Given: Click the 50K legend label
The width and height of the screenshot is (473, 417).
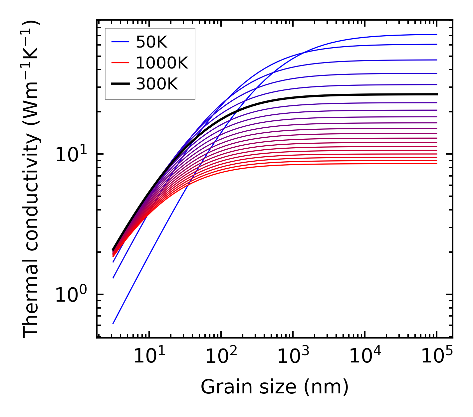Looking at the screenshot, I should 151,42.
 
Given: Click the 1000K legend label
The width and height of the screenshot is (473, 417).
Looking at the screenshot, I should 162,63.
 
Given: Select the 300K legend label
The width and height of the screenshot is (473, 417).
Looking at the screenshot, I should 157,84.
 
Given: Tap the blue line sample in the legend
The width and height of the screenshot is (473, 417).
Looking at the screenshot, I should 120,42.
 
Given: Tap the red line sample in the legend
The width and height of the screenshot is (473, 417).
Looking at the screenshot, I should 120,63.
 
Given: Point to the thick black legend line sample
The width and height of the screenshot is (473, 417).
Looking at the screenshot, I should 120,84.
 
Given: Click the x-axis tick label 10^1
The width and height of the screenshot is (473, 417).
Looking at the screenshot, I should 149,357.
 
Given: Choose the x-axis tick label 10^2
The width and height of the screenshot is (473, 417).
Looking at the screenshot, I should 221,357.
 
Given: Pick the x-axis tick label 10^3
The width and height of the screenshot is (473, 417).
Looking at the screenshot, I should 293,357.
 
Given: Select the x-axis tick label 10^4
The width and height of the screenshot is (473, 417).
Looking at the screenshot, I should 364,357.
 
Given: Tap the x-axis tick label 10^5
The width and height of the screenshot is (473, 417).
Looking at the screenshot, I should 436,357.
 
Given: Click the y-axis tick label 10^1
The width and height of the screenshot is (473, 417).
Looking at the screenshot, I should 70,155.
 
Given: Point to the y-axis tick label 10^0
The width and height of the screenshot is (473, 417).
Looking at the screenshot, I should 70,295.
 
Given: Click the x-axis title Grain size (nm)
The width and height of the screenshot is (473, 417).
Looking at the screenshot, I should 275,387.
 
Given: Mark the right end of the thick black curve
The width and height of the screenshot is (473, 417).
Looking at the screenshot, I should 437,94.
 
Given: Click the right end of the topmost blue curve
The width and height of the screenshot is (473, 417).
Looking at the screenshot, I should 437,34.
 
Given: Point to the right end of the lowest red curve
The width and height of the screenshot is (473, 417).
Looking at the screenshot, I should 437,163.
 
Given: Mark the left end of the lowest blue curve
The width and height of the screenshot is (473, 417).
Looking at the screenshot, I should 113,324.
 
